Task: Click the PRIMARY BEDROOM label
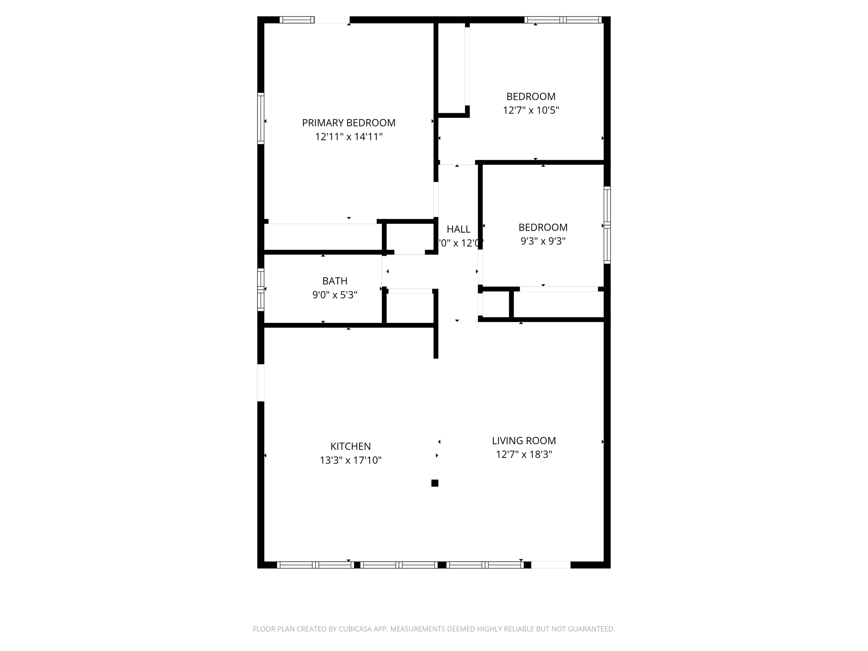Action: (x=348, y=123)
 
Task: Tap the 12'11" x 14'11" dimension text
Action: (x=348, y=137)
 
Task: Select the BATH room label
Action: (x=335, y=281)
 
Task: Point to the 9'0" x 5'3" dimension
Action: (x=335, y=295)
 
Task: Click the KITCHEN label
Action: (x=351, y=446)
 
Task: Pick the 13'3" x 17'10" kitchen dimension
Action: (x=351, y=460)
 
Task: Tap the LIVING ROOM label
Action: (x=524, y=441)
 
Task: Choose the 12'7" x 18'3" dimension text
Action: (x=524, y=455)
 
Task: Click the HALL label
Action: (x=459, y=229)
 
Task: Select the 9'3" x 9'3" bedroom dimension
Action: (x=543, y=241)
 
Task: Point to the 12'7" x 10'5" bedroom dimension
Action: (x=531, y=111)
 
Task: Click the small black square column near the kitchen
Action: (x=435, y=483)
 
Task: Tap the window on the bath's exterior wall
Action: (x=261, y=289)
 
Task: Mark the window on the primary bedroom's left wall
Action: (x=261, y=118)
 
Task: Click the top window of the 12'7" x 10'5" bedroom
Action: (x=563, y=19)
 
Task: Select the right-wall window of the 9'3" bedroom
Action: (x=607, y=225)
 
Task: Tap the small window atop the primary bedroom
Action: (x=297, y=19)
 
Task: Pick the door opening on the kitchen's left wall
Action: (x=261, y=382)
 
